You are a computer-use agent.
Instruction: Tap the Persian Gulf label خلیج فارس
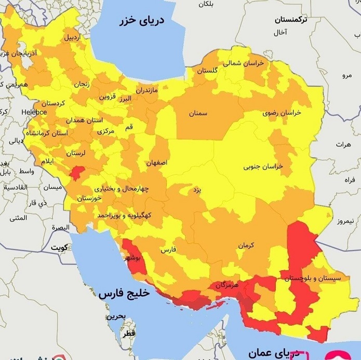[124, 294]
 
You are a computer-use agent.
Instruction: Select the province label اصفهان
[157, 162]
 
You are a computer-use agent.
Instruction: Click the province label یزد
[197, 190]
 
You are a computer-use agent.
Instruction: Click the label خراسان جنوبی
[264, 167]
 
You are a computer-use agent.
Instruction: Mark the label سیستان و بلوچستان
[312, 279]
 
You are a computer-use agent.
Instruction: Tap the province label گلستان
[207, 70]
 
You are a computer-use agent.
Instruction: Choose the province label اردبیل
[73, 38]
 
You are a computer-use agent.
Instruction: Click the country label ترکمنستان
[291, 19]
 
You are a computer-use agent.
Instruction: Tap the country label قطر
[129, 332]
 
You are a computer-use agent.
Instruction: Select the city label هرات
[343, 144]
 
